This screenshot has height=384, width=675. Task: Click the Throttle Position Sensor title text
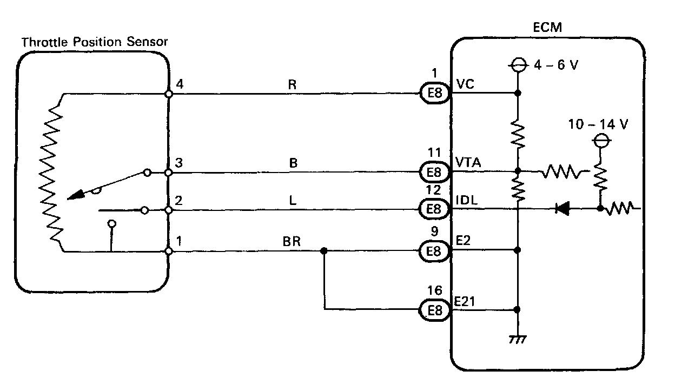(x=94, y=42)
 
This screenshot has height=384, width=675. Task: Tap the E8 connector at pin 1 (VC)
(x=434, y=94)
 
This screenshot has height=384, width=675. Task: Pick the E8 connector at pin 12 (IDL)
(x=434, y=209)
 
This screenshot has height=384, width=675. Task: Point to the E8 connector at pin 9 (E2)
(x=434, y=251)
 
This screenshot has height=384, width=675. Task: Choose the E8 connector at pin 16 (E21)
(x=434, y=310)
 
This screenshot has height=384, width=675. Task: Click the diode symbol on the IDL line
(x=562, y=209)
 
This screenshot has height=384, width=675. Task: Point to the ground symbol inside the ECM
(x=518, y=339)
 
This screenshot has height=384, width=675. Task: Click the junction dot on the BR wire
(x=323, y=251)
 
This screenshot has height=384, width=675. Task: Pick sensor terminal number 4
(x=180, y=84)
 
